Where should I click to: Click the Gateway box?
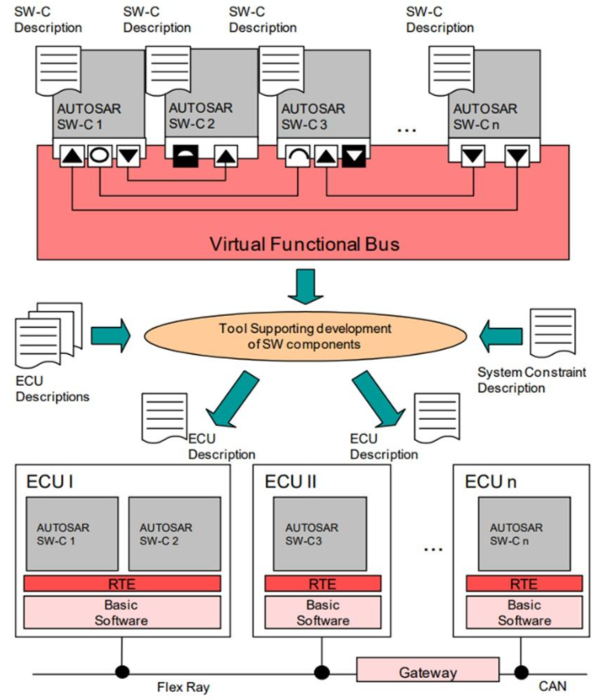click(x=427, y=669)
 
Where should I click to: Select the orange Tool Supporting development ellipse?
click(x=305, y=336)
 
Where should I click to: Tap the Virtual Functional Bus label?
click(x=304, y=243)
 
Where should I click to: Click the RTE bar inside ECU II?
click(x=323, y=584)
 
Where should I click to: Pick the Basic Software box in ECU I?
click(x=122, y=612)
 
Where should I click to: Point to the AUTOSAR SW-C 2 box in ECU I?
click(x=174, y=534)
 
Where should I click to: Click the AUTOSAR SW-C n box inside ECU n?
click(x=524, y=534)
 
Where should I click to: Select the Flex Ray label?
click(x=183, y=687)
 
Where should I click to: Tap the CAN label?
click(x=552, y=686)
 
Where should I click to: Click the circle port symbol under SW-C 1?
click(x=99, y=155)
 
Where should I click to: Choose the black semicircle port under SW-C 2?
click(x=186, y=155)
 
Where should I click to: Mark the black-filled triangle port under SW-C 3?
click(x=354, y=155)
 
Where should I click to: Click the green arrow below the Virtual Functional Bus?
click(x=305, y=287)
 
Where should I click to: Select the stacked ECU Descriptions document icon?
click(x=49, y=335)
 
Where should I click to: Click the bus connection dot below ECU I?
click(x=122, y=672)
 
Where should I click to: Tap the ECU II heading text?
click(x=290, y=482)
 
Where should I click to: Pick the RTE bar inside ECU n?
click(x=524, y=584)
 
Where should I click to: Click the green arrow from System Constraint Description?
click(x=501, y=336)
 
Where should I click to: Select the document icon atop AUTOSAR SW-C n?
click(x=451, y=71)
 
